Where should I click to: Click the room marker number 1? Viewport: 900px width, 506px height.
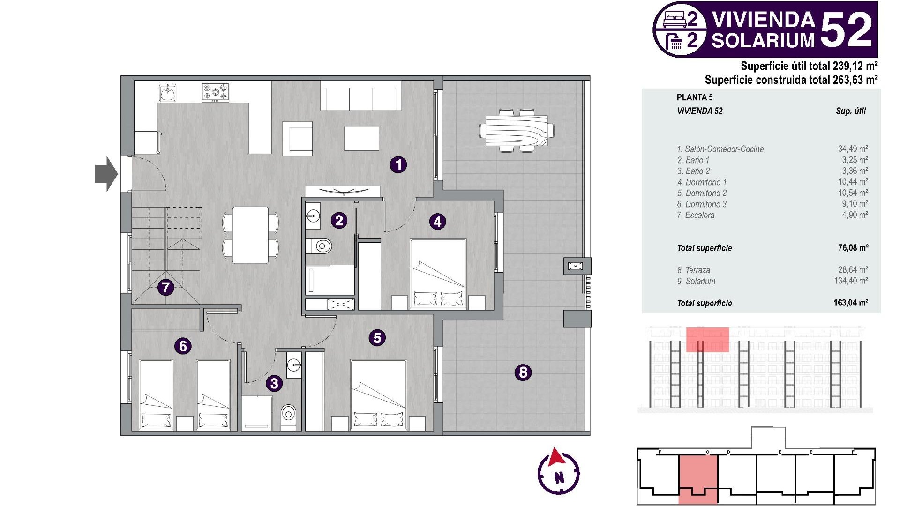coord(398,164)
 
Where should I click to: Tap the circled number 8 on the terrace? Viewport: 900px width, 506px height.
coord(523,372)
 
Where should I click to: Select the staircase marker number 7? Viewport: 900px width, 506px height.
coord(165,287)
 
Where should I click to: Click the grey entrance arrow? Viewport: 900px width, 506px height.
coord(106,174)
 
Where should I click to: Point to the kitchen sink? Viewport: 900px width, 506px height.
coord(167,93)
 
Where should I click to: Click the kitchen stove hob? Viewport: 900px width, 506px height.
coord(216,92)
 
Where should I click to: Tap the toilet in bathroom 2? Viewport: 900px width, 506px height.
coord(322,246)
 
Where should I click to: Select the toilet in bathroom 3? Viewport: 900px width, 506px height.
coord(289,414)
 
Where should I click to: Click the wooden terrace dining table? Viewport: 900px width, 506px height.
coord(517,131)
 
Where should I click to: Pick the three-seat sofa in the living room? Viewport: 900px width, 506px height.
coord(361,97)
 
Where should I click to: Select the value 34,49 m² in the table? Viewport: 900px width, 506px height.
coord(853,149)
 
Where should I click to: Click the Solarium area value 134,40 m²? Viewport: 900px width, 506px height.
coord(851,281)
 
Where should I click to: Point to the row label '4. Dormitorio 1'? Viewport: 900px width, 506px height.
coord(702,182)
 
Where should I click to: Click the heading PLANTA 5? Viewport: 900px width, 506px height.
coord(695,97)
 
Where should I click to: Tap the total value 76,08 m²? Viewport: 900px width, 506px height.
coord(853,248)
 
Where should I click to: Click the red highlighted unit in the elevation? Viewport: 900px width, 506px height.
coord(707,340)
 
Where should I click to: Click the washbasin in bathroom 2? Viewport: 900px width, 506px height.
coord(313,216)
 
